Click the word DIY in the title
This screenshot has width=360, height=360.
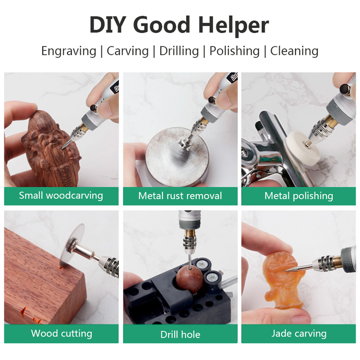[x=107, y=25]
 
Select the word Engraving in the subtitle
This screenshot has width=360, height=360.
[x=69, y=51]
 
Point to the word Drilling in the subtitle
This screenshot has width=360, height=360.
[x=179, y=51]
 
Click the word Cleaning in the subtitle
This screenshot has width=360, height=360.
[x=294, y=51]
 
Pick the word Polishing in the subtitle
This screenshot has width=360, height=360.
[x=234, y=51]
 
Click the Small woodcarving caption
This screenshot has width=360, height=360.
[x=61, y=196]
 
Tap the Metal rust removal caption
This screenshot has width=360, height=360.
[x=180, y=196]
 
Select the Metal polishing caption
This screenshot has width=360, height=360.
[x=299, y=196]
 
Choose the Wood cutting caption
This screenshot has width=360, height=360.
[x=62, y=333]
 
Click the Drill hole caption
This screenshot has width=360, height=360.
[x=180, y=334]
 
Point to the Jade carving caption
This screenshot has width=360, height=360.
[x=299, y=333]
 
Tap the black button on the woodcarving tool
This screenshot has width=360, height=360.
[x=93, y=108]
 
